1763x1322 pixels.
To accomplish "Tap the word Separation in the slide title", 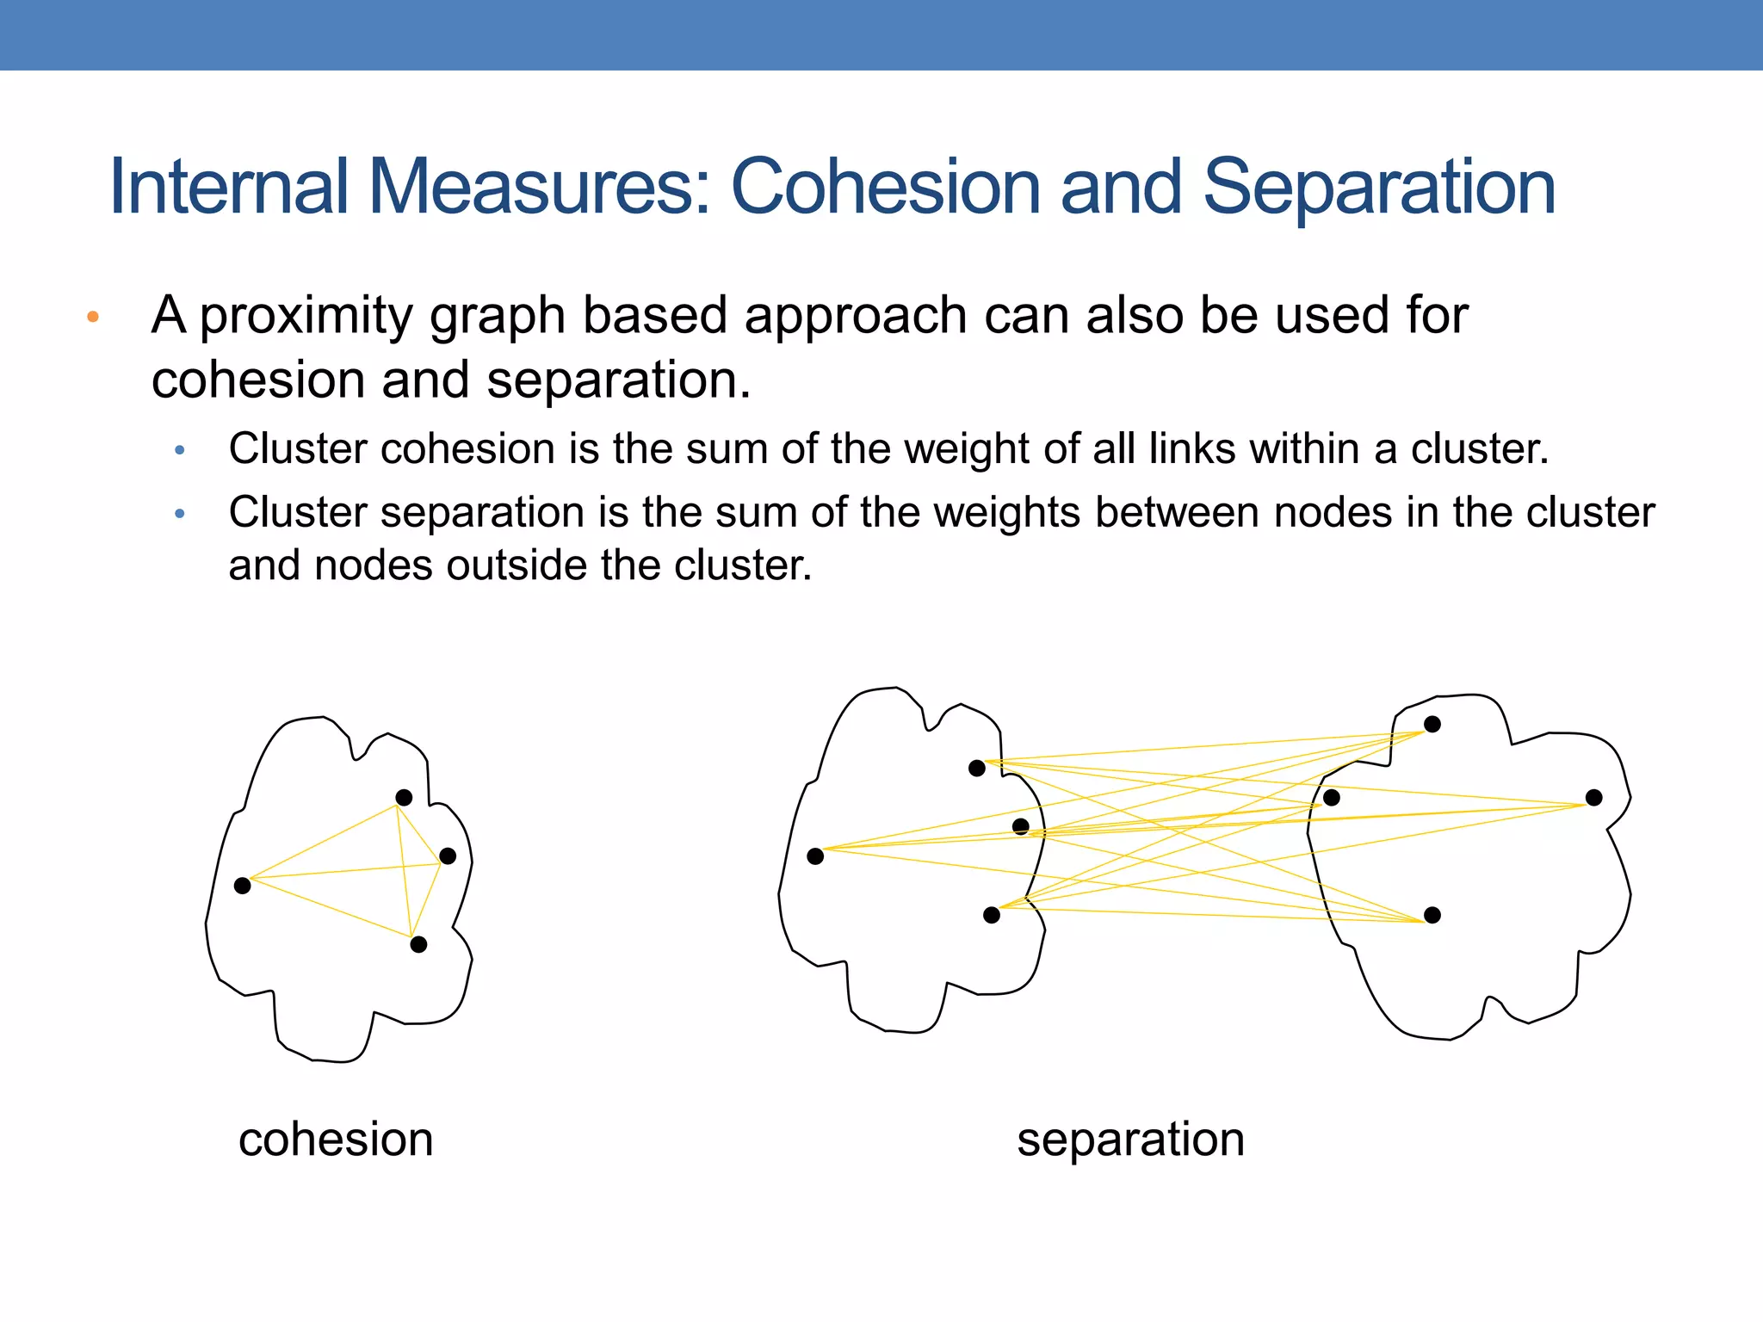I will tap(1378, 188).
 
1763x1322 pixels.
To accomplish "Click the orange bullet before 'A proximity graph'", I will tap(93, 317).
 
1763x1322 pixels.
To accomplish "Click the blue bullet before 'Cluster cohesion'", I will tap(179, 450).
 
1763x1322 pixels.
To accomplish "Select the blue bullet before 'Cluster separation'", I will tap(179, 514).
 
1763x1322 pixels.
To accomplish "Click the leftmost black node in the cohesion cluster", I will tap(243, 885).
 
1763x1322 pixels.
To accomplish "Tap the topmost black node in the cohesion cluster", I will tap(404, 798).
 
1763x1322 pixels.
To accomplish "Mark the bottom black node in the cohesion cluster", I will tap(418, 944).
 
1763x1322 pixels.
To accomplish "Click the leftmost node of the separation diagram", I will tap(815, 856).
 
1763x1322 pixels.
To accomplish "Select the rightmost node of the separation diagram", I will tap(1594, 798).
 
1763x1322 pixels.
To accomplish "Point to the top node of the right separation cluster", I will tap(1432, 725).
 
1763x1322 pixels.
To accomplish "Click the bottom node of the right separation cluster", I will tap(1432, 915).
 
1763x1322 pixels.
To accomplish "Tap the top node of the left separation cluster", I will tap(977, 768).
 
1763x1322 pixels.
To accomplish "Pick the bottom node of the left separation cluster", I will tap(992, 915).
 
